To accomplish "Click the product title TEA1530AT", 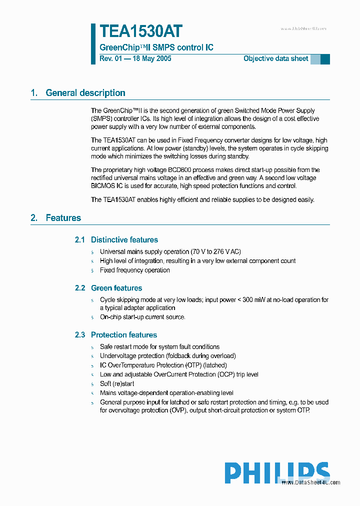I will coord(140,31).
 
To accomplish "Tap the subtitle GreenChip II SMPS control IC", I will coord(156,47).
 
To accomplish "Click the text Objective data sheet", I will coord(275,58).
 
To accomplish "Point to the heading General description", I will coord(85,92).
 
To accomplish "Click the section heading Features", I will coord(63,217).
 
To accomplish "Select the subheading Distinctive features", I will coord(124,240).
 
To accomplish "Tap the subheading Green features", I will coord(116,288).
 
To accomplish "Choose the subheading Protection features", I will coord(123,335).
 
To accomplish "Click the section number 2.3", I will coord(80,335).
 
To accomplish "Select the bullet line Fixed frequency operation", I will coord(134,270).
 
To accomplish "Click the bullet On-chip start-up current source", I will coord(142,317).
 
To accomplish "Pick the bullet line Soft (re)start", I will coord(117,383).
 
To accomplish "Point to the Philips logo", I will coord(276,473).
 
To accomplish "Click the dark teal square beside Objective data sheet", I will coord(325,59).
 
